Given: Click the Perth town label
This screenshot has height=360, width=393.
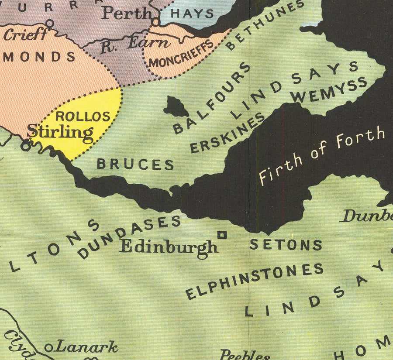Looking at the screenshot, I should (127, 13).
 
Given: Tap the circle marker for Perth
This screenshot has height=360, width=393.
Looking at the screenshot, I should (155, 21).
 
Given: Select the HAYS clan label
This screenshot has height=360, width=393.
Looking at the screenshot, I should (192, 13).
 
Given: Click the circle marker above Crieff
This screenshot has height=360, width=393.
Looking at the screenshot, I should (50, 23).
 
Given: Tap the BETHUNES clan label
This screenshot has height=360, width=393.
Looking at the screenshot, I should (265, 25).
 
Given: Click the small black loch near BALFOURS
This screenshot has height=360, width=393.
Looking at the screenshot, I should (176, 106).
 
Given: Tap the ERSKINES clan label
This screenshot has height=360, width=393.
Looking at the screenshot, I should (228, 133).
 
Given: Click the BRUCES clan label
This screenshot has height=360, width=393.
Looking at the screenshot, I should (135, 164).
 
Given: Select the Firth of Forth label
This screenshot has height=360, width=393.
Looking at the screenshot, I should (322, 156).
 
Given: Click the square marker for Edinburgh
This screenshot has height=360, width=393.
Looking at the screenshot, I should (222, 235).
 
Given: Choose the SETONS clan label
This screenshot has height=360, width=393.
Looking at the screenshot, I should (286, 245).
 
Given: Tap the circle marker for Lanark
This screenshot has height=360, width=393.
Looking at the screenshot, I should (49, 348).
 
